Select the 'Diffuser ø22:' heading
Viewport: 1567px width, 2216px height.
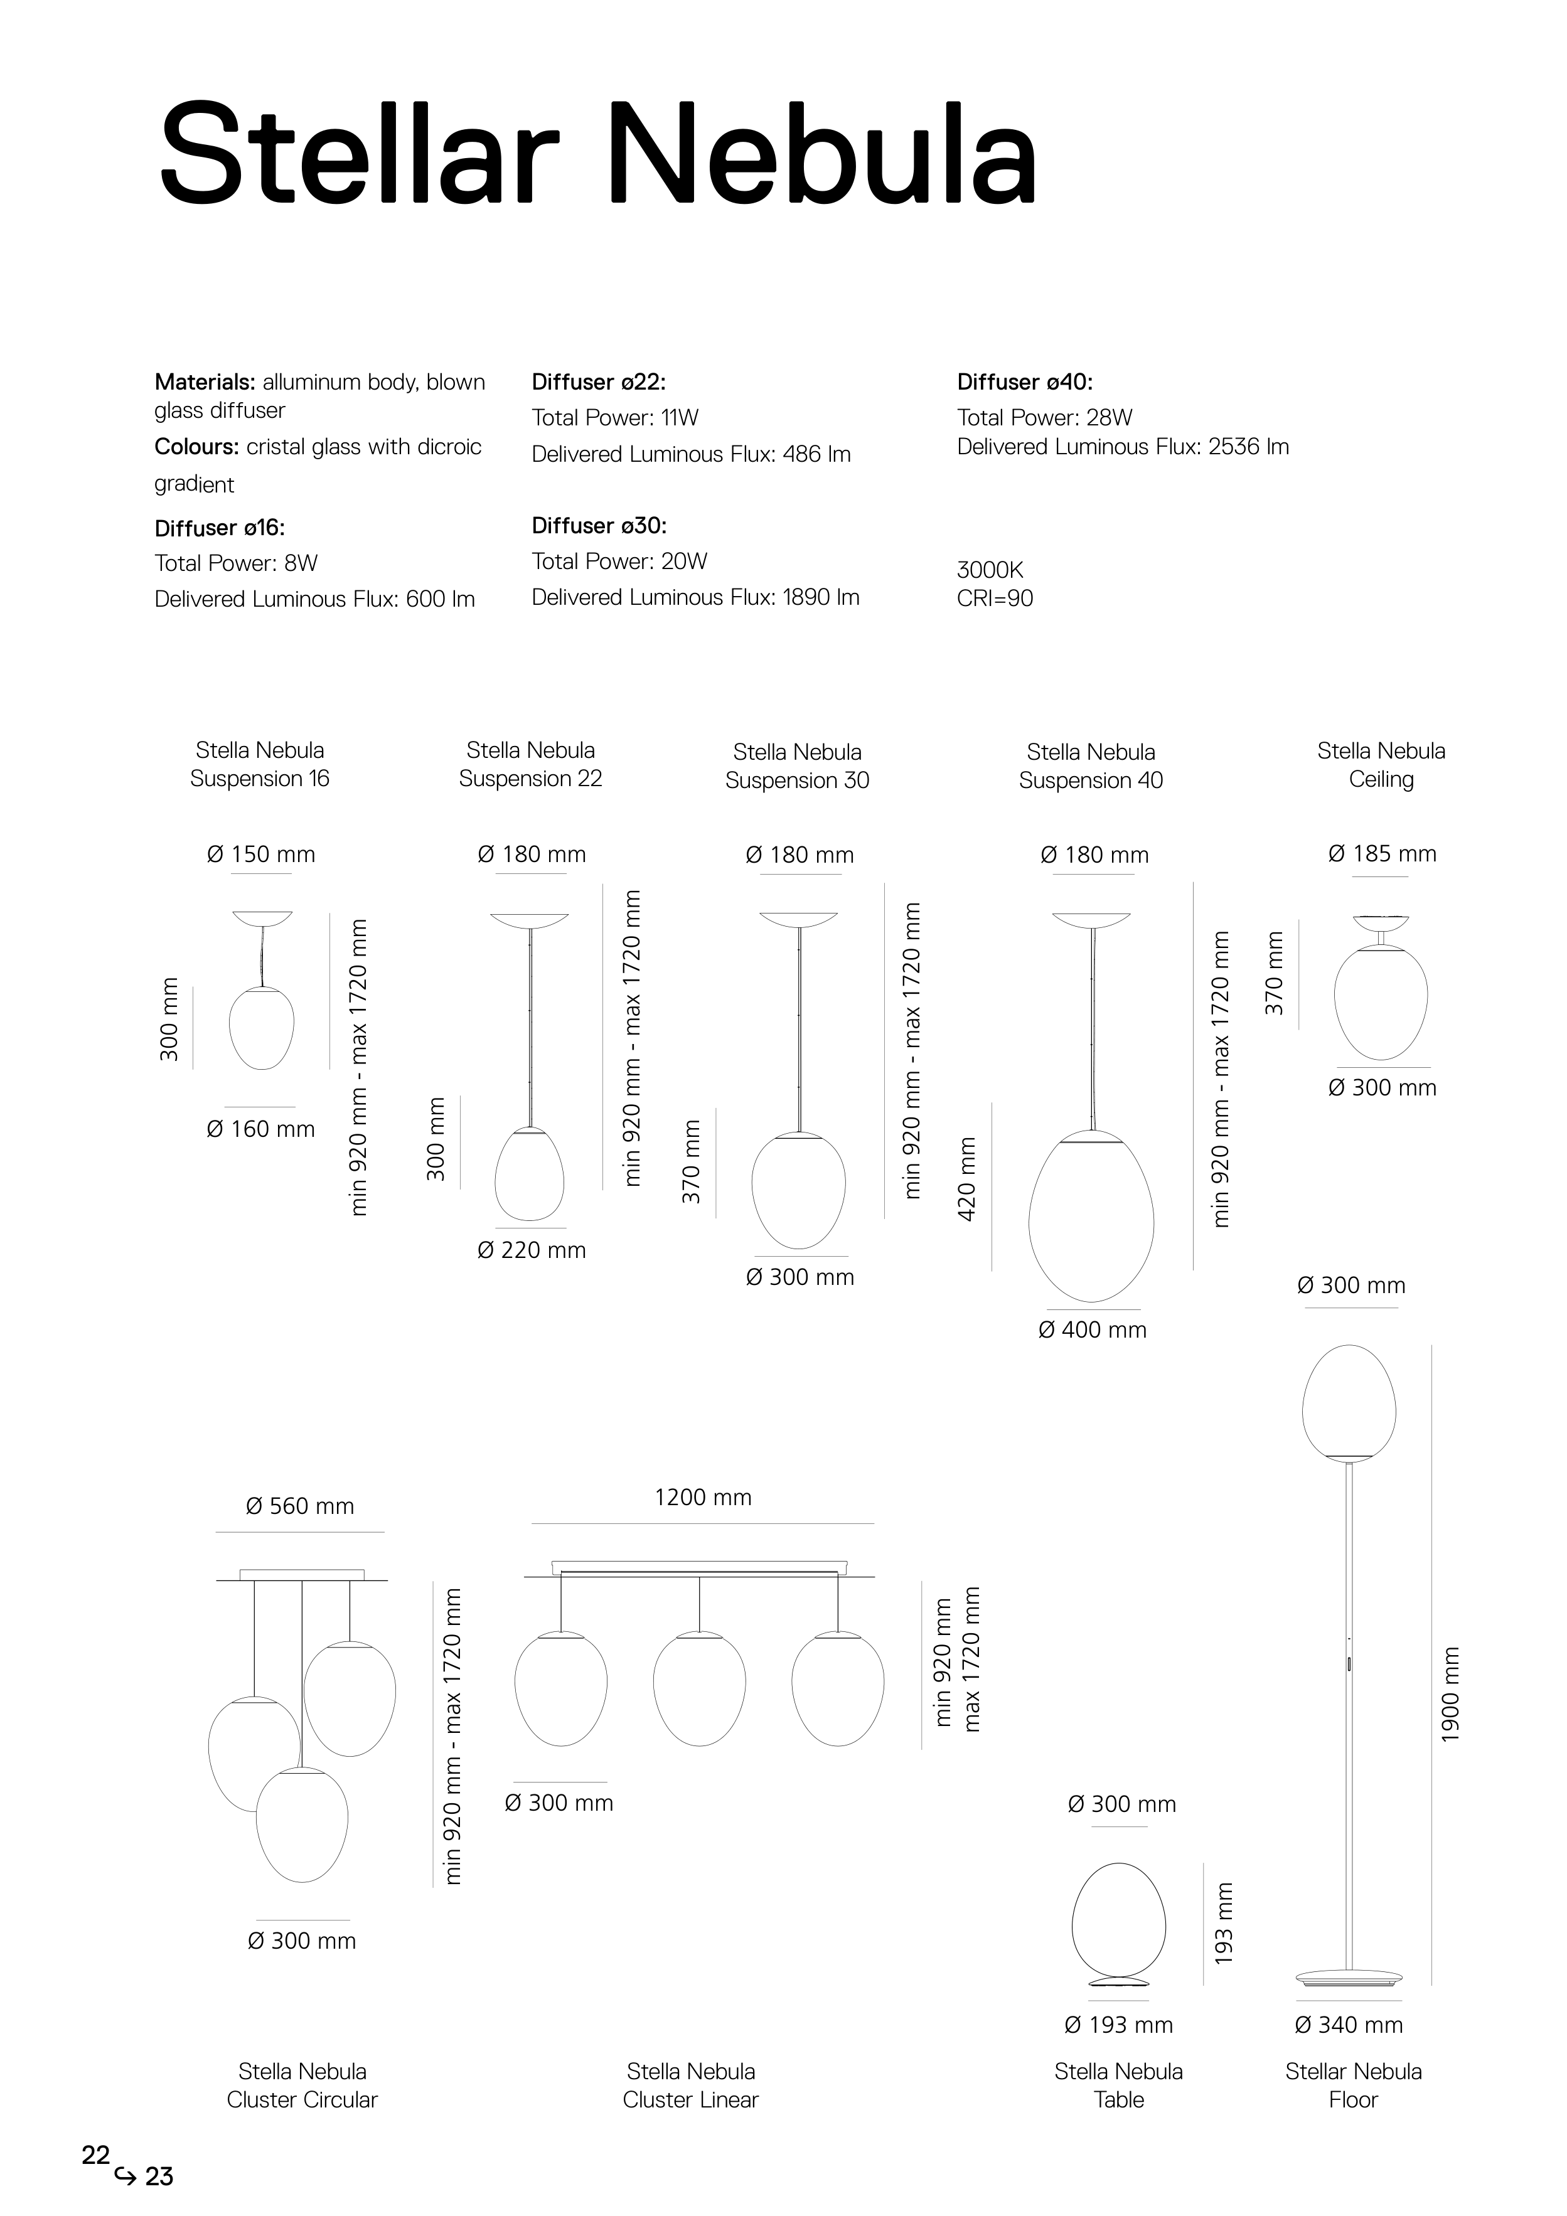[599, 382]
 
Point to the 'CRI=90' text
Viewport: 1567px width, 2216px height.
[995, 599]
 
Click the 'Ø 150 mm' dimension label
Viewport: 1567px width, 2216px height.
[260, 854]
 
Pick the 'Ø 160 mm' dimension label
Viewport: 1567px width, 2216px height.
[260, 1129]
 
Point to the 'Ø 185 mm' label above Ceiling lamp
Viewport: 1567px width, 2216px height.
[1382, 854]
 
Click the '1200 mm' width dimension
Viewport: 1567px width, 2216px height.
[703, 1497]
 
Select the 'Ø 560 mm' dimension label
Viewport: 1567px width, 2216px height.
[300, 1506]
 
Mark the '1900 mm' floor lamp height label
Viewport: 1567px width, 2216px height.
[1450, 1695]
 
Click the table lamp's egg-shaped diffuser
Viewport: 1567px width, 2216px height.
[1119, 1922]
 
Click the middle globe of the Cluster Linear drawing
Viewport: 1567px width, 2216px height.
[699, 1688]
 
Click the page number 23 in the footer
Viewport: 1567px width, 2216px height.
[159, 2176]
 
